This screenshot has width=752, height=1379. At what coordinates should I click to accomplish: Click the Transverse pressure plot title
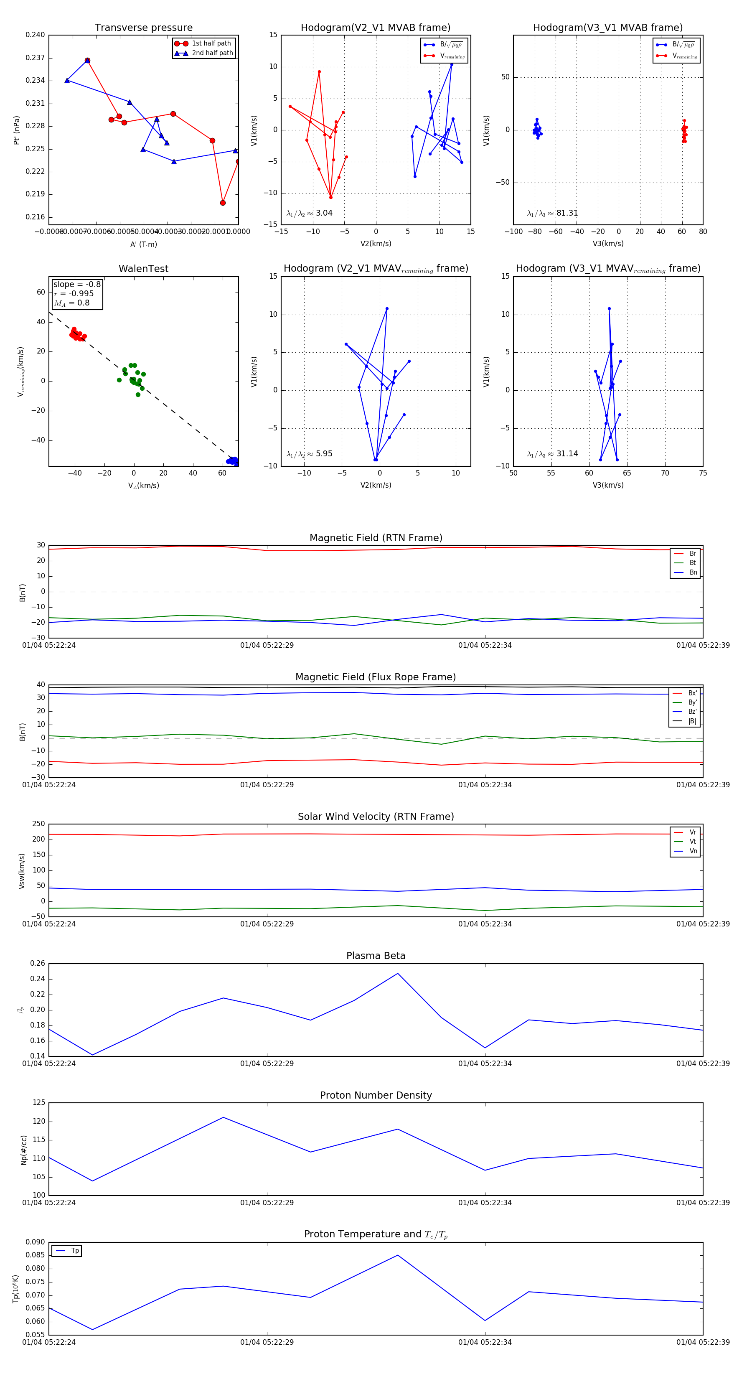pos(143,28)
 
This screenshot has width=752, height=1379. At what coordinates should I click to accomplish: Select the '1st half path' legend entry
pos(211,43)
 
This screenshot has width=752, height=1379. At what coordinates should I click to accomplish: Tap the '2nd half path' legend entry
pos(212,53)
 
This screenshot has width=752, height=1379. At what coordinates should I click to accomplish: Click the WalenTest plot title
pos(143,269)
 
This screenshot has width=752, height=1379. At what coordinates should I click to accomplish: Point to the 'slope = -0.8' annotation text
pos(77,284)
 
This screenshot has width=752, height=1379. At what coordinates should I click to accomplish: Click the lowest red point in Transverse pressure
pos(223,203)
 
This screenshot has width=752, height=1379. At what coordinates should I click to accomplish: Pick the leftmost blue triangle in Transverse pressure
pos(67,80)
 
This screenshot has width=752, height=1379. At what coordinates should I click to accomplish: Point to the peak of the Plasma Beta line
pos(398,973)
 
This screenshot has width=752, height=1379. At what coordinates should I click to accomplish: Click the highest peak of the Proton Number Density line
pos(223,1117)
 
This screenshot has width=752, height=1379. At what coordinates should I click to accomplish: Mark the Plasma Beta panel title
pos(376,956)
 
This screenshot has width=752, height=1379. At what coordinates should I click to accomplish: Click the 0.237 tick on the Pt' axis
pos(36,58)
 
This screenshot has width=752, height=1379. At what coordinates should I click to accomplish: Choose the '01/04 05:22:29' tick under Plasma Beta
pos(267,1063)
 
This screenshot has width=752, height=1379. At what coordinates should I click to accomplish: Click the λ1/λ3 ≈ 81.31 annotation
pos(552,213)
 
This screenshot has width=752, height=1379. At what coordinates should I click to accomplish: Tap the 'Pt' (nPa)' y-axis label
pos(17,130)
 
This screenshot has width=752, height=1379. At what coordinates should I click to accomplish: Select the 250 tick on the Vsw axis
pos(38,824)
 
